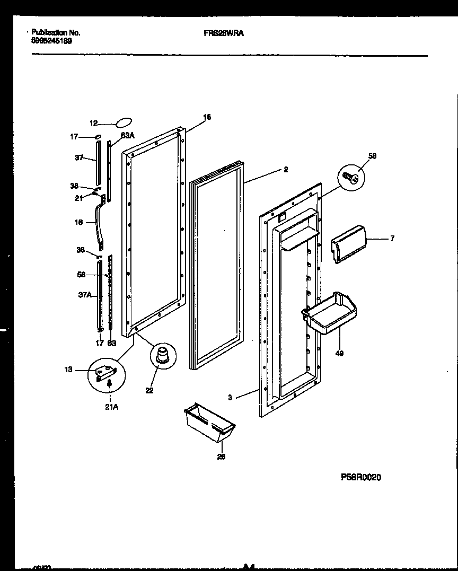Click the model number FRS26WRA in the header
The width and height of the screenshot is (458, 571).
click(x=224, y=32)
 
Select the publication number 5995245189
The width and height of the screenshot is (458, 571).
click(x=51, y=40)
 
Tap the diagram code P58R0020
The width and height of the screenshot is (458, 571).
click(x=360, y=477)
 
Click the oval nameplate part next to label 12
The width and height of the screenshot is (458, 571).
click(x=122, y=123)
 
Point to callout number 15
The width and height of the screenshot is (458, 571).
click(x=207, y=117)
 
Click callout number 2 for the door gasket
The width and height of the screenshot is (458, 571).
click(x=286, y=170)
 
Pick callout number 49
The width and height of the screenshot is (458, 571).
click(x=339, y=354)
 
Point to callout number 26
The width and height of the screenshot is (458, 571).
click(x=221, y=457)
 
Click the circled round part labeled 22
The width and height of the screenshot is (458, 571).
click(x=163, y=354)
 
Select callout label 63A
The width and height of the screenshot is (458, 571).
click(x=127, y=136)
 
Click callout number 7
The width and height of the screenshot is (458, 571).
click(x=392, y=239)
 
